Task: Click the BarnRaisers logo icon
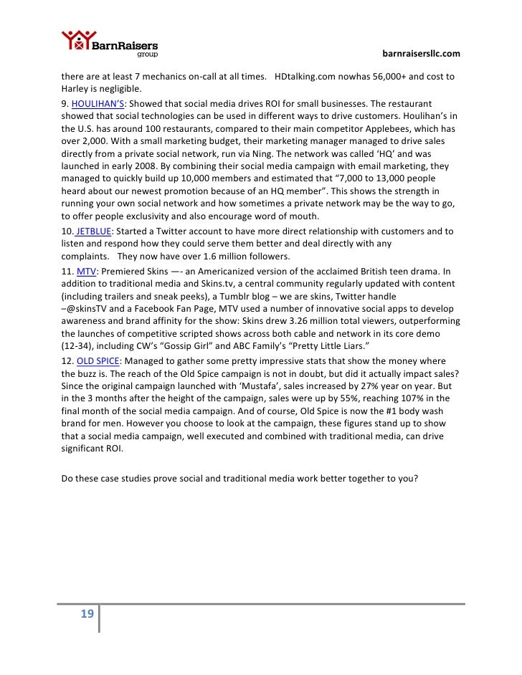[77, 42]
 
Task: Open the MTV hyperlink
[86, 272]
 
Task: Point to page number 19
[87, 613]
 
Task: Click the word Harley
[76, 90]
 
